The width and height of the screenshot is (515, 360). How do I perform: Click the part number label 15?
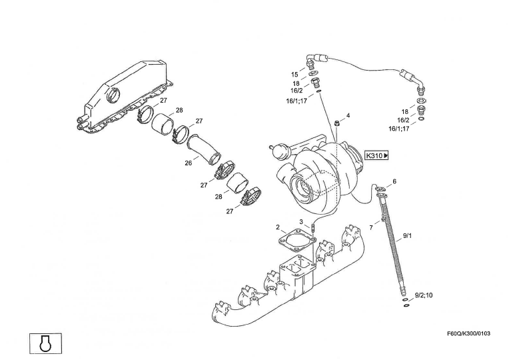tap(294, 74)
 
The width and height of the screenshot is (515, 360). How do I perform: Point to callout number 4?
tap(348, 115)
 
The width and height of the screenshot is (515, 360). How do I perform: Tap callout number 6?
tap(394, 181)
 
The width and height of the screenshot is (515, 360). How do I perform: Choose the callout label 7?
tap(371, 227)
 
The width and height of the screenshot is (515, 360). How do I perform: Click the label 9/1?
tap(408, 236)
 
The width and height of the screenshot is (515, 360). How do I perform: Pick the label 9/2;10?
tap(424, 294)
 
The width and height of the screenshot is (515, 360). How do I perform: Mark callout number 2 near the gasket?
tap(278, 227)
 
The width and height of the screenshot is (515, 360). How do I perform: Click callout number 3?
tap(301, 221)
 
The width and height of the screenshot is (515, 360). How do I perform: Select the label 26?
tap(189, 163)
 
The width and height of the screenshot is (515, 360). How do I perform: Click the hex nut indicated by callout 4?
tap(338, 123)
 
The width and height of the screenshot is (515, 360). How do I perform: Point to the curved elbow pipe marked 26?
tap(204, 150)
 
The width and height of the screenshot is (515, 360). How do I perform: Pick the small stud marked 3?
tap(312, 231)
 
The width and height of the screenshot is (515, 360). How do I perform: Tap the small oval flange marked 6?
tap(380, 194)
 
